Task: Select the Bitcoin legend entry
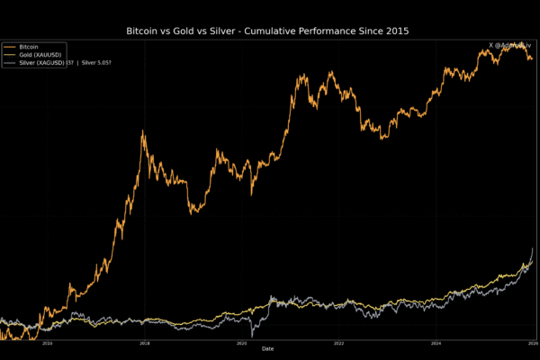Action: (30, 46)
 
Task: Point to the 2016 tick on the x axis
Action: (48, 343)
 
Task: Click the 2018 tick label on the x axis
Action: (145, 343)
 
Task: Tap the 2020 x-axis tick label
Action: (242, 343)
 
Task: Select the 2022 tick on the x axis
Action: (339, 343)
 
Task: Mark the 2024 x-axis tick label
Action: (436, 343)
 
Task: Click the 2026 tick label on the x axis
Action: (531, 343)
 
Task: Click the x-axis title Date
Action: (267, 349)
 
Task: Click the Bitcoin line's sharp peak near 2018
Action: (143, 131)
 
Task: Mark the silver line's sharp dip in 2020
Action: (252, 334)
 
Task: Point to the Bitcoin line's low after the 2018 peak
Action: (191, 213)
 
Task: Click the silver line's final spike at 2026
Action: (533, 248)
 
